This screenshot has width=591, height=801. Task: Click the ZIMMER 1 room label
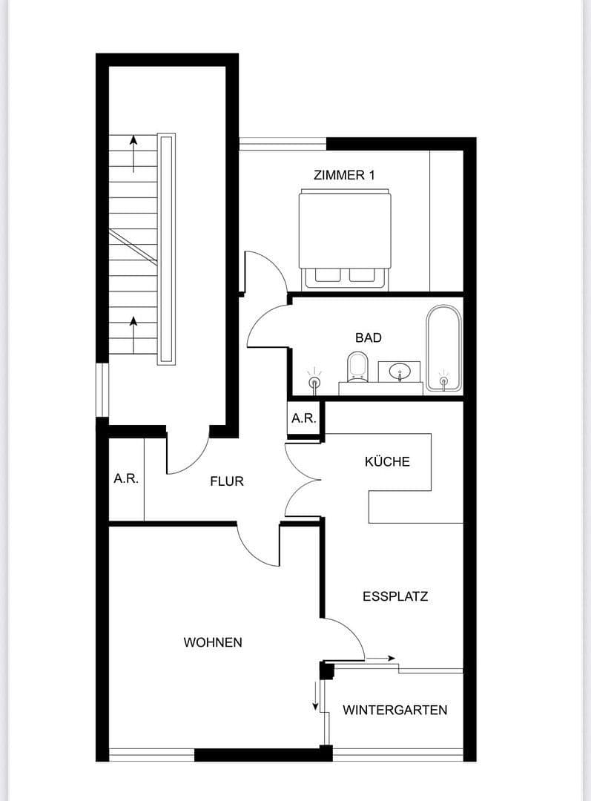click(x=344, y=175)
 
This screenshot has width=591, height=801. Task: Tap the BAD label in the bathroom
click(x=368, y=337)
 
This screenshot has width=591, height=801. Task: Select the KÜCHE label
click(x=387, y=461)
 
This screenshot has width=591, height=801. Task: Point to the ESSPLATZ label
click(x=395, y=596)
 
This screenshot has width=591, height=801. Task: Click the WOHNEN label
click(x=213, y=642)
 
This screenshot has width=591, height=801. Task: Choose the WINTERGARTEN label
click(x=394, y=710)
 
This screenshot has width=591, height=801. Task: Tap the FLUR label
click(x=227, y=481)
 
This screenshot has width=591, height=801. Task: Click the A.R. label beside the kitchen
click(x=304, y=418)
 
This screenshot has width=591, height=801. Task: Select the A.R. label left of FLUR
click(x=126, y=479)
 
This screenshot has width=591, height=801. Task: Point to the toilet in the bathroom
click(x=357, y=366)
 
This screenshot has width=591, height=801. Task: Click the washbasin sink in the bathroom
click(x=399, y=369)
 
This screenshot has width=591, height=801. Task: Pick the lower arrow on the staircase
click(x=133, y=332)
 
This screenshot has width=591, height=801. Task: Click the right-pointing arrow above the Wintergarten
click(x=381, y=658)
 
